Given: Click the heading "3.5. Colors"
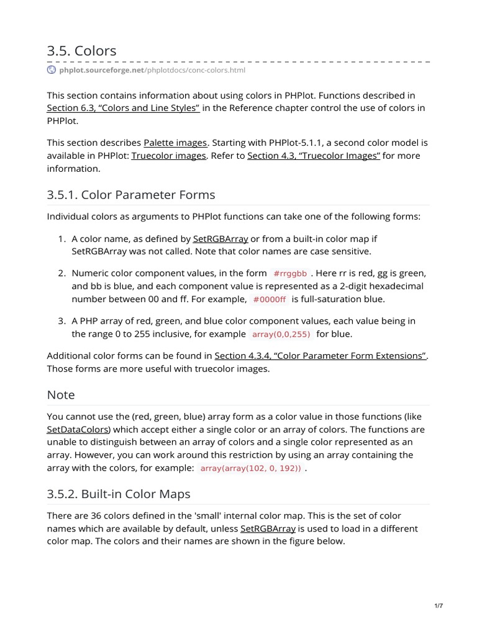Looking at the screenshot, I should coord(81,51).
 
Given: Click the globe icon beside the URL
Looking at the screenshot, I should coord(52,70).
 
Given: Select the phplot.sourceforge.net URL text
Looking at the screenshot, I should coord(152,70).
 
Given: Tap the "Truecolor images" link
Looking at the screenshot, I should coord(168,156).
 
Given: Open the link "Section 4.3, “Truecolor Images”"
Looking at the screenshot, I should coord(314,156).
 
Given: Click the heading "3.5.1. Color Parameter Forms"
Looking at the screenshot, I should coord(131,195).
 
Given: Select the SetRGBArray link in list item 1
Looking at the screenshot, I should coord(220,239).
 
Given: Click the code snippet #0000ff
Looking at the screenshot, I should coord(270,300).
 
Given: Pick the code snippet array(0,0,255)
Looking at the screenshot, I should coord(281,334).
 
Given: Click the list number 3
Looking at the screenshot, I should coord(62,321).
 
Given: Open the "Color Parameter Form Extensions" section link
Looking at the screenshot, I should coord(320,356).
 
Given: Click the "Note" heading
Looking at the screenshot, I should coord(61,395).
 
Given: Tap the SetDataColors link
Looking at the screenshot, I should coord(78,429).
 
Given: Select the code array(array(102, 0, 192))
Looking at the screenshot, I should coord(250,468).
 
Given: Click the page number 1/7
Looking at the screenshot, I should coord(438,606).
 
